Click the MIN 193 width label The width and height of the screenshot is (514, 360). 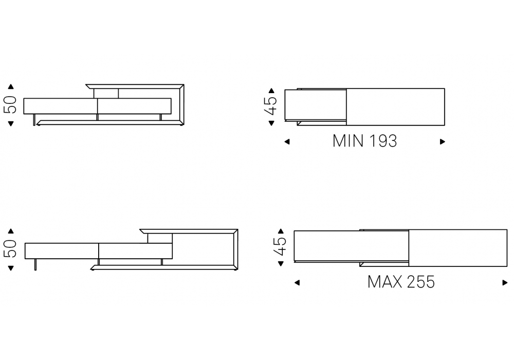pos(364,141)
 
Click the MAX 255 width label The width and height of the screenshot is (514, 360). pos(401,282)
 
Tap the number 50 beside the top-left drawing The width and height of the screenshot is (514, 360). pos(10,105)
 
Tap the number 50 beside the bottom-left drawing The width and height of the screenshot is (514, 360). pos(10,249)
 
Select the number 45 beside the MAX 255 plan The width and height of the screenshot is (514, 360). pos(280,246)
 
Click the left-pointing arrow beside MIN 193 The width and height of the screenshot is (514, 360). pos(287,141)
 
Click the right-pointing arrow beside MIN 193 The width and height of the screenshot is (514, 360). pos(443,141)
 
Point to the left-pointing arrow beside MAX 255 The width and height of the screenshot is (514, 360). pos(297,283)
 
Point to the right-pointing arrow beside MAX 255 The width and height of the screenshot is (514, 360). pos(505,283)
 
